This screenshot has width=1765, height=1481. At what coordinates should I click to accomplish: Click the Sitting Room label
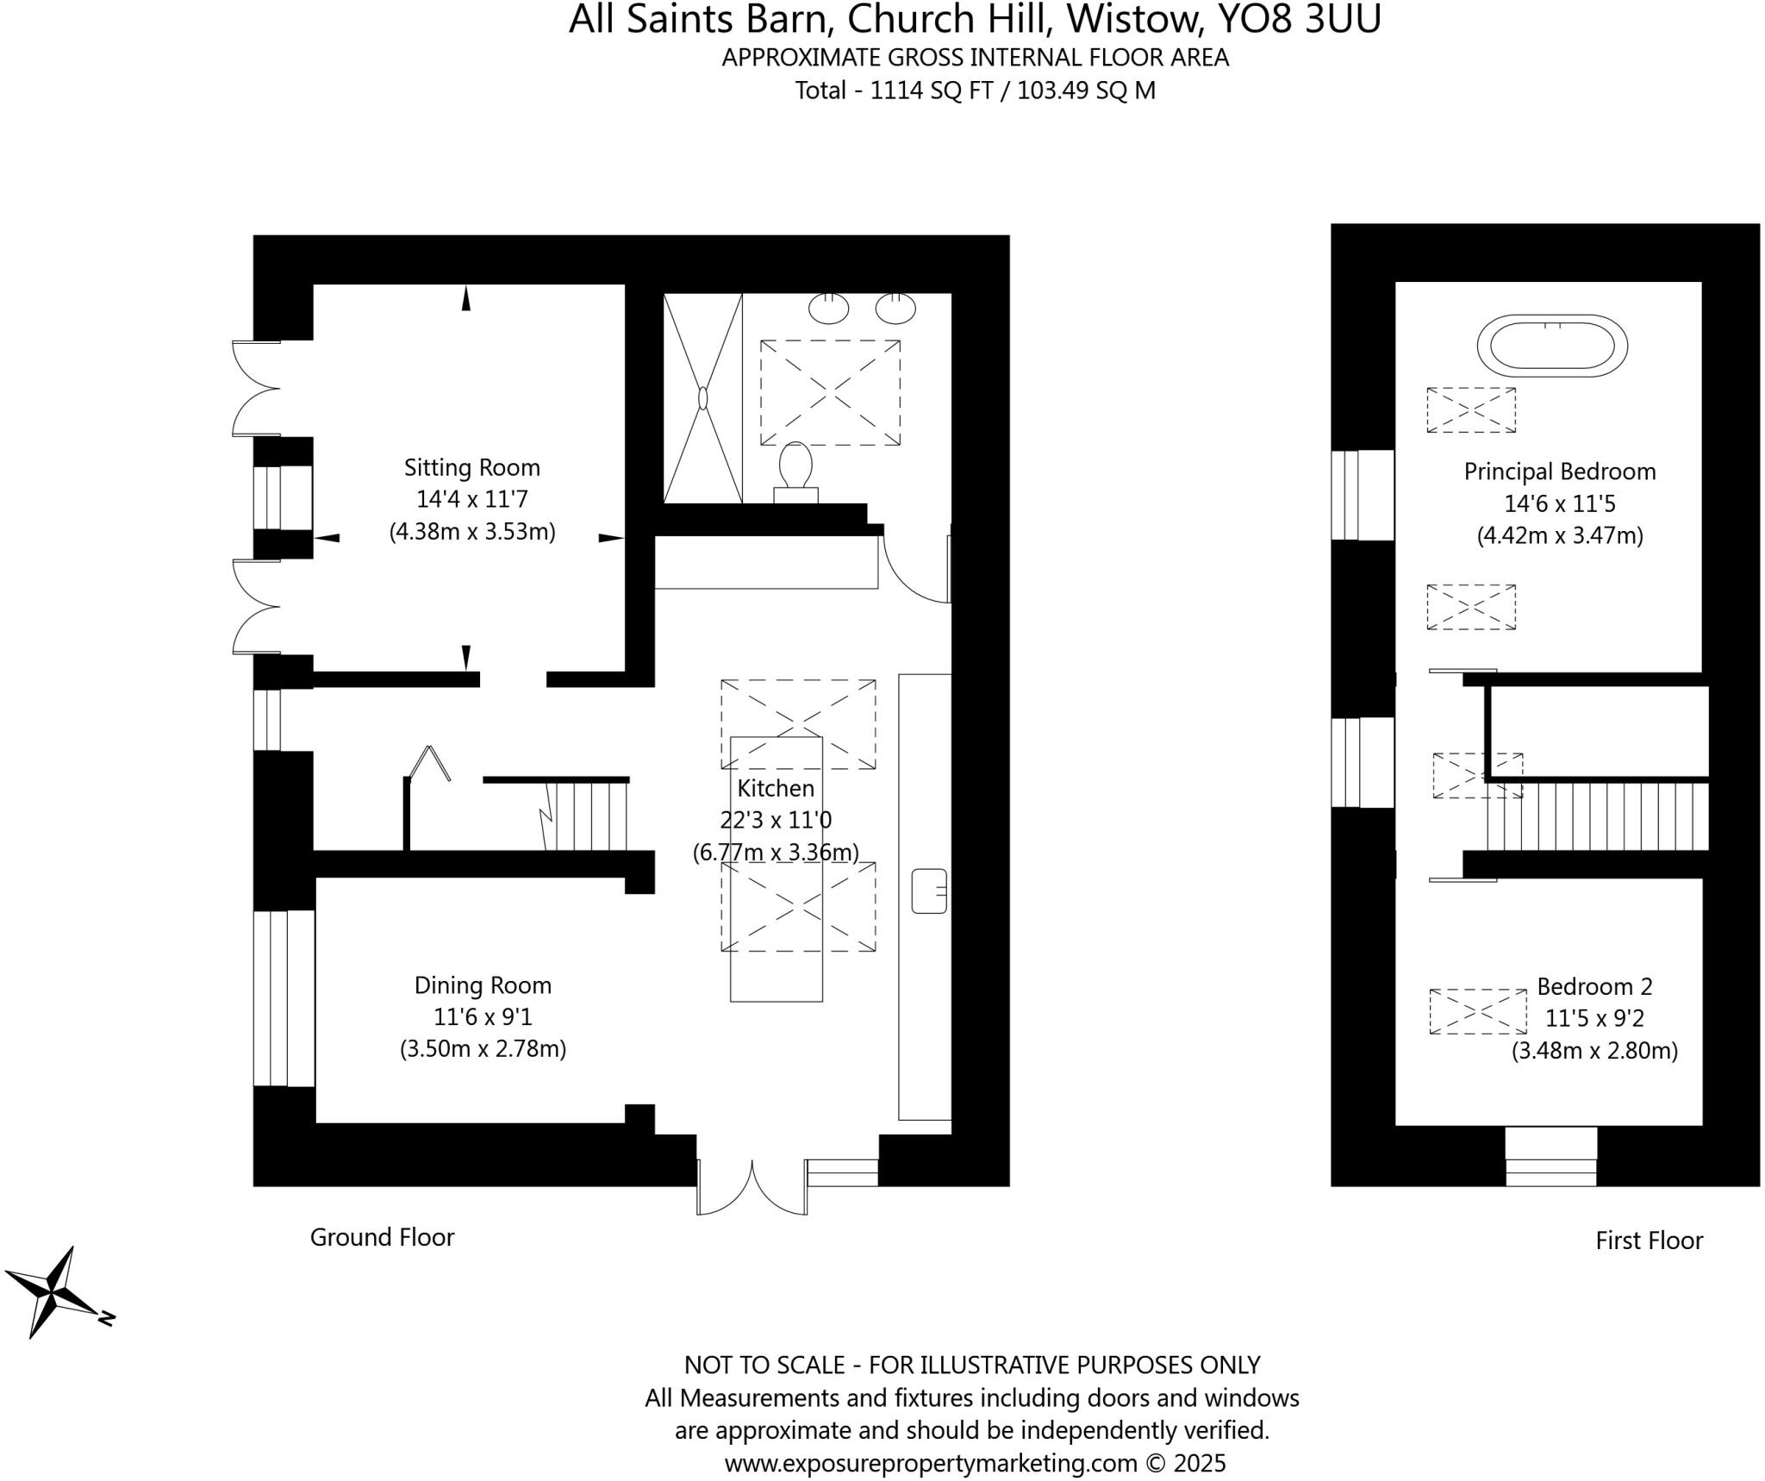pos(471,468)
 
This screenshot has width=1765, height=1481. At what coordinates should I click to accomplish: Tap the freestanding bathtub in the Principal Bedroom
pos(1551,345)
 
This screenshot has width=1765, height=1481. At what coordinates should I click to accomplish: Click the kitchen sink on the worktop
pos(929,890)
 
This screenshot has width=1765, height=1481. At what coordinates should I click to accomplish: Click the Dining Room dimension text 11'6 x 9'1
pos(483,1017)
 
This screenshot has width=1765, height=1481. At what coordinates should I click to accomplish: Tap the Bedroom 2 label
pos(1594,986)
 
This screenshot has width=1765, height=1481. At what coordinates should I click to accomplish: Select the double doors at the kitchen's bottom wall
pos(752,1188)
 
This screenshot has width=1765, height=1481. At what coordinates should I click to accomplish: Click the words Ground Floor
pos(382,1237)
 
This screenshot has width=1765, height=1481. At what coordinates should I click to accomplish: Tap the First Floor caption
pos(1649,1240)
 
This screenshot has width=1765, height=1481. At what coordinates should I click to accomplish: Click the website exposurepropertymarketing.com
pos(931,1463)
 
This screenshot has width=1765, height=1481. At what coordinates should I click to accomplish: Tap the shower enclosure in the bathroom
pos(702,398)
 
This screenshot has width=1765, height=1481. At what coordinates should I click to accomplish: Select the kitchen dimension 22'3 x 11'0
pos(776,820)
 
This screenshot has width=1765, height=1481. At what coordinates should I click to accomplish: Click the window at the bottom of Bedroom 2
pos(1550,1158)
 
